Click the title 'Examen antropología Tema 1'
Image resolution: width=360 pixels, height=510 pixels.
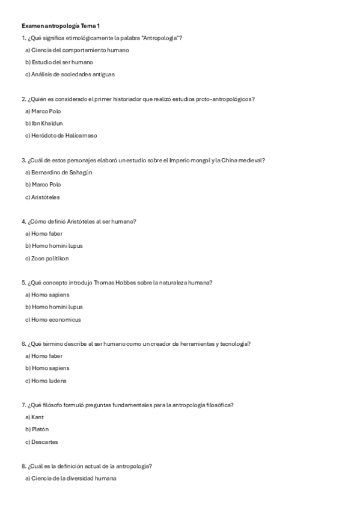[61, 26]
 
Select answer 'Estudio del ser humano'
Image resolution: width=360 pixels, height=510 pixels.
[59, 62]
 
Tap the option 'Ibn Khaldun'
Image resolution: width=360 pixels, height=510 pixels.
[44, 123]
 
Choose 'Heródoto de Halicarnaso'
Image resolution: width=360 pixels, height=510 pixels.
[61, 135]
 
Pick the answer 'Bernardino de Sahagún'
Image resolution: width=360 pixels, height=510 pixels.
[59, 173]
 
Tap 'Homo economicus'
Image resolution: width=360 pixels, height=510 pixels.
[53, 319]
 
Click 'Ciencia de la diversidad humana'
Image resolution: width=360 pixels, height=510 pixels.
[70, 479]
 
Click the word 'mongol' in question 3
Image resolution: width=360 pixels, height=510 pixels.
[203, 160]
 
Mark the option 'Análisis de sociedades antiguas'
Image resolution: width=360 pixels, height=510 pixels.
[70, 75]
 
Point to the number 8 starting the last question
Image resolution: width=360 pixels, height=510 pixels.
[23, 466]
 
